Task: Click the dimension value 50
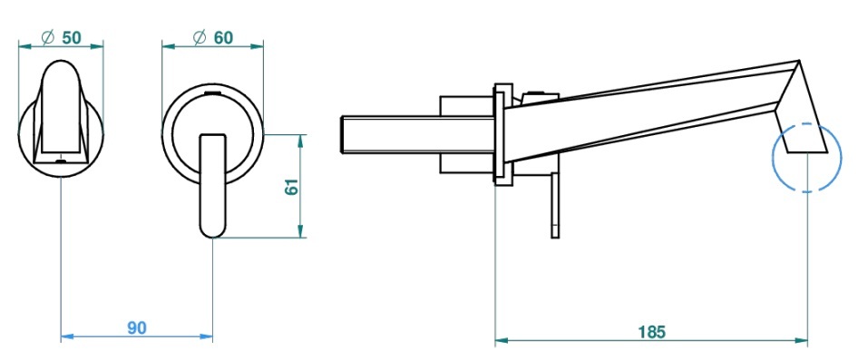click(x=72, y=38)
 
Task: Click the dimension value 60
click(x=223, y=38)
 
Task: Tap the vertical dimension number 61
click(x=292, y=187)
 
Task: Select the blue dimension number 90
click(x=137, y=327)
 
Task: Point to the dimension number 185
click(x=652, y=332)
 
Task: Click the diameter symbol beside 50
click(x=48, y=38)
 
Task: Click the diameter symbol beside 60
click(x=200, y=38)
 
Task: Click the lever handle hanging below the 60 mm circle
click(x=212, y=186)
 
